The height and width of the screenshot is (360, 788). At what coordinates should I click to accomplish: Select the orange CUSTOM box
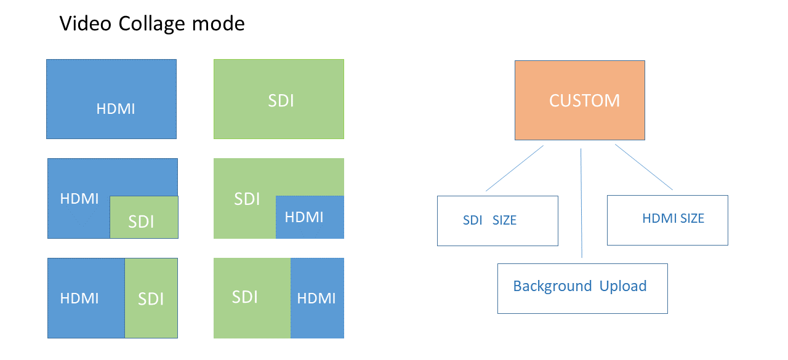579,100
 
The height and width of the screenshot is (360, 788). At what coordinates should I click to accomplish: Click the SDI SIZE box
497,220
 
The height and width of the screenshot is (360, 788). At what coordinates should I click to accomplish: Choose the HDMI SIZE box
667,220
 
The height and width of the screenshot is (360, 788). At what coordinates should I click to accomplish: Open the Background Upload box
582,288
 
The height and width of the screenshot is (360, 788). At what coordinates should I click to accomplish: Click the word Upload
623,286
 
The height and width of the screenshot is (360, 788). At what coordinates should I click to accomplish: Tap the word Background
552,286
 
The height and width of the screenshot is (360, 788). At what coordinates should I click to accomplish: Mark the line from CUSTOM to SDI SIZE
514,169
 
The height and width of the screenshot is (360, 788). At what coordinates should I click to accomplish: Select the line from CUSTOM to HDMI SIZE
644,167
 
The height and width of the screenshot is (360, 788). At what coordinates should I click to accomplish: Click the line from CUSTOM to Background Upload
582,203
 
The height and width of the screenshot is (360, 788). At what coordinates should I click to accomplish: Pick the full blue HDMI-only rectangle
111,98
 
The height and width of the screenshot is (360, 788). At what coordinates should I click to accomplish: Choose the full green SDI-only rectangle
279,98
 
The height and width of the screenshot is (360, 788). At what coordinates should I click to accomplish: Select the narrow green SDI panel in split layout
151,298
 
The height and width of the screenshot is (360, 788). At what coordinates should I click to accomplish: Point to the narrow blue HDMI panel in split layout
317,298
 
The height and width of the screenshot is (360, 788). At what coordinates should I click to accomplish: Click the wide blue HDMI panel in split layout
86,298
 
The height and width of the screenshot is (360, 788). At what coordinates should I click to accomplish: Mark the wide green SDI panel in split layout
252,298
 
